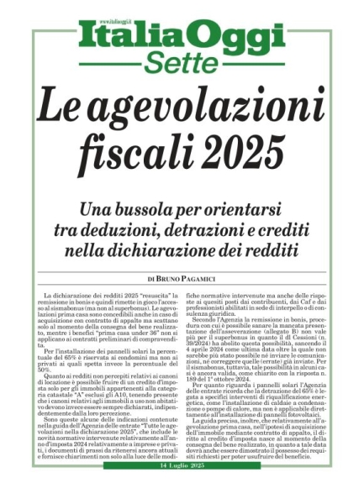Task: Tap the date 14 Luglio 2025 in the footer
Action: click(x=182, y=490)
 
